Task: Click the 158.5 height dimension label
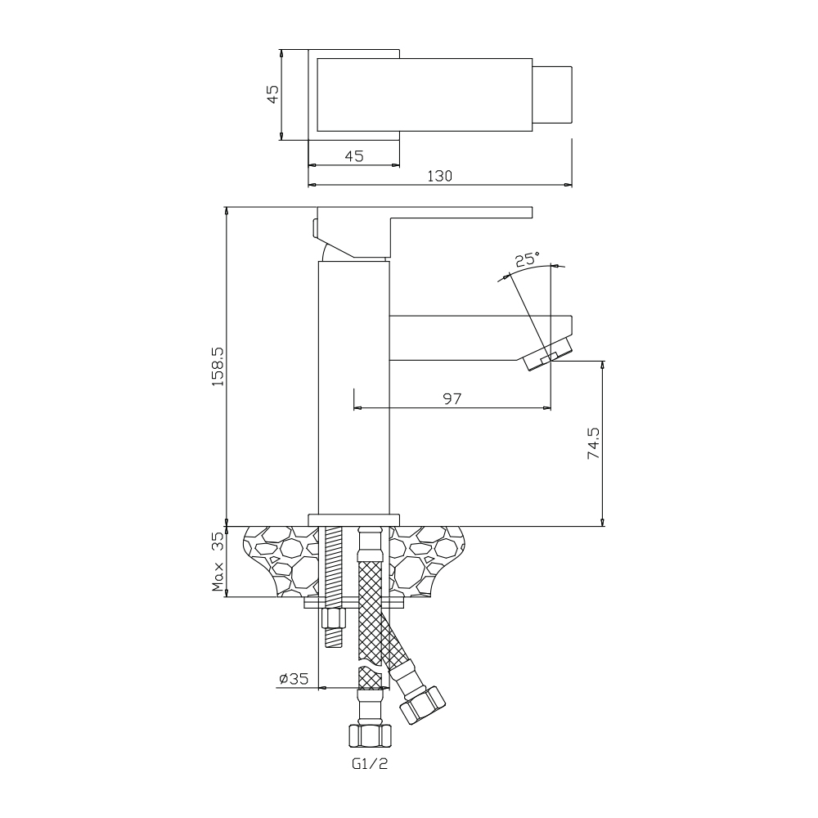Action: (x=218, y=366)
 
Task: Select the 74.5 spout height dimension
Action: (x=594, y=443)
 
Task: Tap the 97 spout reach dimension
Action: (x=452, y=398)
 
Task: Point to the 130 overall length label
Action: (x=440, y=177)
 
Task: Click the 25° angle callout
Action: (x=528, y=259)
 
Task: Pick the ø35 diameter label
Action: (x=294, y=679)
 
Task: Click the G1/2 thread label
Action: (x=370, y=764)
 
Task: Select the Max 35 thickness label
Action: (x=218, y=561)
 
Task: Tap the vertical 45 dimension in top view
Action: (x=273, y=94)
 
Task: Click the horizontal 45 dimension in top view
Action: (x=354, y=156)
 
